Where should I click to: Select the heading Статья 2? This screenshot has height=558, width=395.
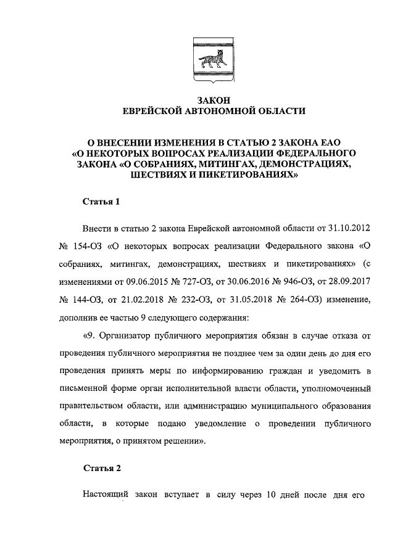tap(102, 467)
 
